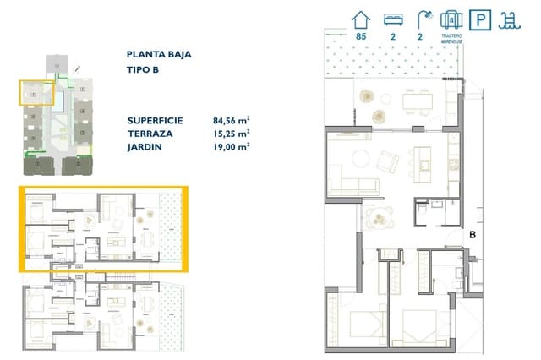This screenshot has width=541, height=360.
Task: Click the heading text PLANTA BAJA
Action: coord(158,54)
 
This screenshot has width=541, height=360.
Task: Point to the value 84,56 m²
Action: coord(231,120)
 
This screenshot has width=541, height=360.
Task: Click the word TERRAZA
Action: coord(152,134)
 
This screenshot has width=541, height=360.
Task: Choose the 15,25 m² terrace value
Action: coord(231,134)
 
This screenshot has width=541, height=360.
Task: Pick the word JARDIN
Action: coord(148,146)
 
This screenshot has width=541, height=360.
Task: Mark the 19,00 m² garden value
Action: coord(231,146)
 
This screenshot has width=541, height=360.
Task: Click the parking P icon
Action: coord(482,19)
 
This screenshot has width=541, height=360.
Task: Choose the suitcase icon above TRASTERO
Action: coord(452,19)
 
